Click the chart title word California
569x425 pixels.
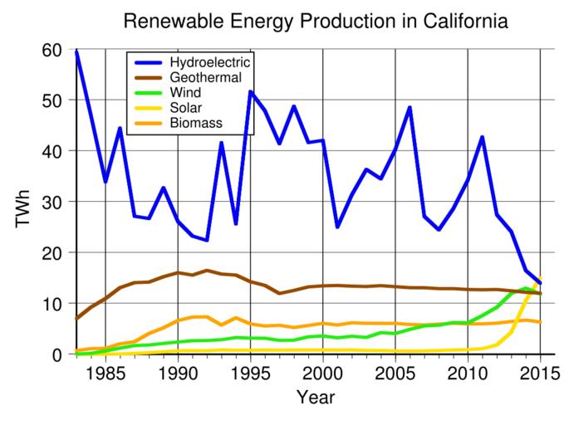point(461,21)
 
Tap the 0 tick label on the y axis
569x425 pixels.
point(58,354)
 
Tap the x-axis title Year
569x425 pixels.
point(308,397)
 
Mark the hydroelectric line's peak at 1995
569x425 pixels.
point(250,92)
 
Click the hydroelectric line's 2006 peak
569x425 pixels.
point(410,108)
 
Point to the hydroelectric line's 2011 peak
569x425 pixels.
point(482,137)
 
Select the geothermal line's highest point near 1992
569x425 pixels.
point(207,271)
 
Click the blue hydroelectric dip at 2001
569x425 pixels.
point(337,227)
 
